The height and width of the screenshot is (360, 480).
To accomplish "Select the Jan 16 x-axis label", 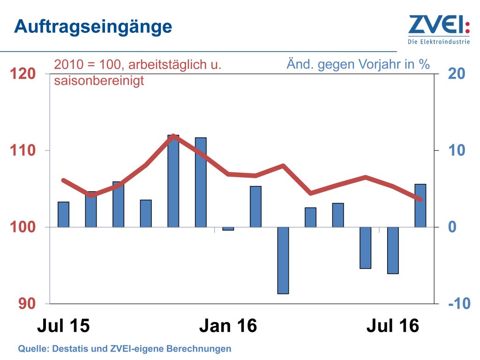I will tap(228, 326).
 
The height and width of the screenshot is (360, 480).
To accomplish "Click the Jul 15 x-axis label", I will tap(63, 326).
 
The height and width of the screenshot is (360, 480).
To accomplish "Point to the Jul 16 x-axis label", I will tap(393, 326).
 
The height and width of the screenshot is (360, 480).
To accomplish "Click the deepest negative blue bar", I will tap(283, 261).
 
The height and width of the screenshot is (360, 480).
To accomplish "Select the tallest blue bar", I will tap(173, 181).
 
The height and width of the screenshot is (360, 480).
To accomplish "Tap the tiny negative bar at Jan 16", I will tap(228, 229).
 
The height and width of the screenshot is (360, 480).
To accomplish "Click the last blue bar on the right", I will tap(420, 206).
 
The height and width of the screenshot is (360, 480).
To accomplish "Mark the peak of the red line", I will tap(173, 136).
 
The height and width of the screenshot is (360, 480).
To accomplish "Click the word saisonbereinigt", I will tap(99, 81).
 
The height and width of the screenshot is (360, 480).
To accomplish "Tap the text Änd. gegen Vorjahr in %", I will tap(358, 64).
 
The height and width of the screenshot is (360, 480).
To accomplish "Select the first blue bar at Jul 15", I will tap(63, 215).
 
